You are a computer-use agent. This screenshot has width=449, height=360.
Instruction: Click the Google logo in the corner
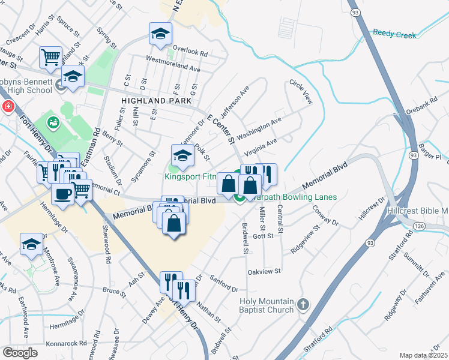pos(20,353)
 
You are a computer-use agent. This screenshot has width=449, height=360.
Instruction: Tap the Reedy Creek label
pos(394,35)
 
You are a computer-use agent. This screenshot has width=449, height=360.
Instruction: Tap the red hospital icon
pos(8,107)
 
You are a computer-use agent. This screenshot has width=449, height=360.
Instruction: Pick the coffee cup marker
pos(63,194)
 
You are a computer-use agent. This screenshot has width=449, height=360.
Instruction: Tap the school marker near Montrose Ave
pos(31,244)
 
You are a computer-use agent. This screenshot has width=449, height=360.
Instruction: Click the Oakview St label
pos(264,272)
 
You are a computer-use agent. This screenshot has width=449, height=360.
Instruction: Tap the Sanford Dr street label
pos(224,283)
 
